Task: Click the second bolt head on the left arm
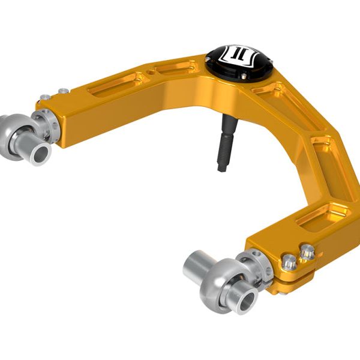click(62, 91)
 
